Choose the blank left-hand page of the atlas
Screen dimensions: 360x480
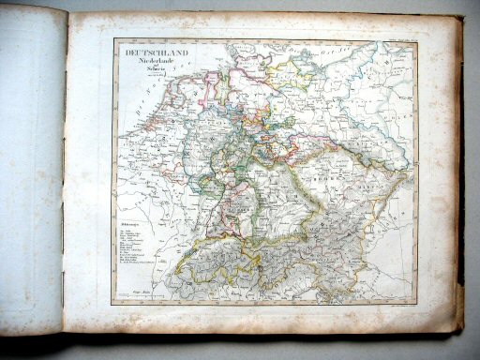[33, 169]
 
